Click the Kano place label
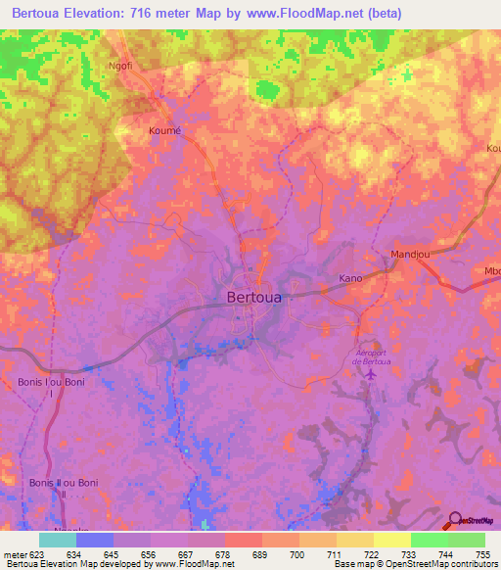click(x=350, y=278)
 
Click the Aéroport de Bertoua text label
click(x=369, y=356)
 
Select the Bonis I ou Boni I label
click(x=45, y=387)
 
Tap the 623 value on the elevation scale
click(x=36, y=555)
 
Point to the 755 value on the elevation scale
click(x=480, y=555)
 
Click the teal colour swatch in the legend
click(x=58, y=540)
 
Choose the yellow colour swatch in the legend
click(x=391, y=540)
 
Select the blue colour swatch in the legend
click(x=95, y=540)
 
